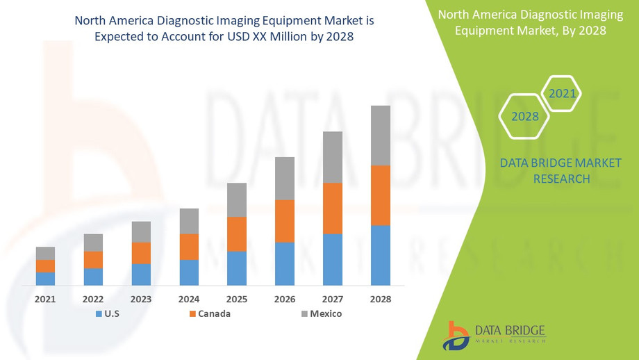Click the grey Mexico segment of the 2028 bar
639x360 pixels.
[x=381, y=136]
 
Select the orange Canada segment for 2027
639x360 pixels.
[x=333, y=208]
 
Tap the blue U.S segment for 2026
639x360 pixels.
[x=285, y=263]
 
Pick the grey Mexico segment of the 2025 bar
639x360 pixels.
[x=237, y=199]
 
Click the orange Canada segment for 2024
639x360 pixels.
[x=189, y=247]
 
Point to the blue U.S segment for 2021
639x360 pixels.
[x=45, y=278]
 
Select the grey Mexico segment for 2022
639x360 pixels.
[x=93, y=243]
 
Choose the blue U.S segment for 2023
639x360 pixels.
[x=141, y=275]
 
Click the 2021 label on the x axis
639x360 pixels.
[x=45, y=299]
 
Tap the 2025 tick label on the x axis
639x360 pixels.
[x=237, y=299]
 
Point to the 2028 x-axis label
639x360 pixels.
[x=381, y=299]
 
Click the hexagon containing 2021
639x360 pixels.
[x=561, y=93]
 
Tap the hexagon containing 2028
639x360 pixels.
[x=525, y=116]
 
